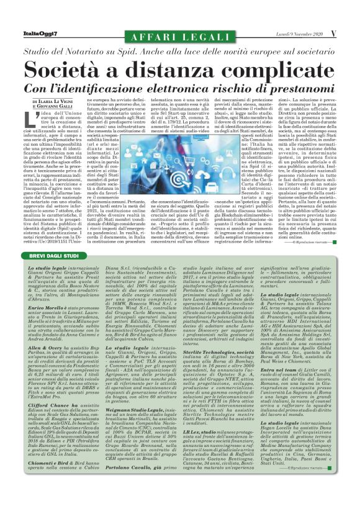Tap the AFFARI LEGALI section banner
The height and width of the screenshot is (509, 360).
pyautogui.click(x=180, y=33)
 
